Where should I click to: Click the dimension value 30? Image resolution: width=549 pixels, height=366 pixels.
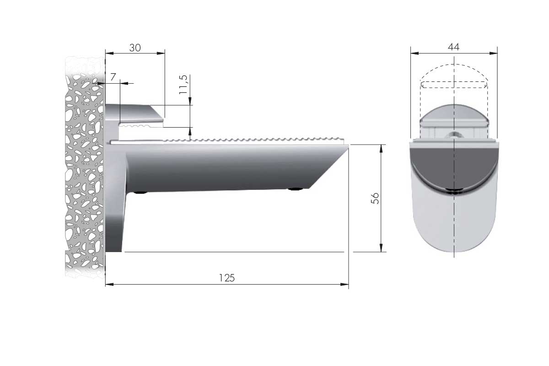[135, 48]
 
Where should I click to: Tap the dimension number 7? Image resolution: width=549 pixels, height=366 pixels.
[113, 77]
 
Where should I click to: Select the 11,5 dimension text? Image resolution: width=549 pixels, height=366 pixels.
[183, 85]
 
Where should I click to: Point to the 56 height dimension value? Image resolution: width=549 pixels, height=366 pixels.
[375, 198]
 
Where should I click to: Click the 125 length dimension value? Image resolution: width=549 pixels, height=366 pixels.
[227, 278]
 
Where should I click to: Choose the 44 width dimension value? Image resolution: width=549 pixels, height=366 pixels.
[454, 47]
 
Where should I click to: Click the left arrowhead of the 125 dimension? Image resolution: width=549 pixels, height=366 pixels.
[109, 285]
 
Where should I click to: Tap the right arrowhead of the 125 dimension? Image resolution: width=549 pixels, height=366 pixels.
[344, 285]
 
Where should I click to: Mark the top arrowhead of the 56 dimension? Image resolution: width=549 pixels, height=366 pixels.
[381, 149]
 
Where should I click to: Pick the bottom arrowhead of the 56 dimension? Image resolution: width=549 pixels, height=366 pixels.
[381, 248]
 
